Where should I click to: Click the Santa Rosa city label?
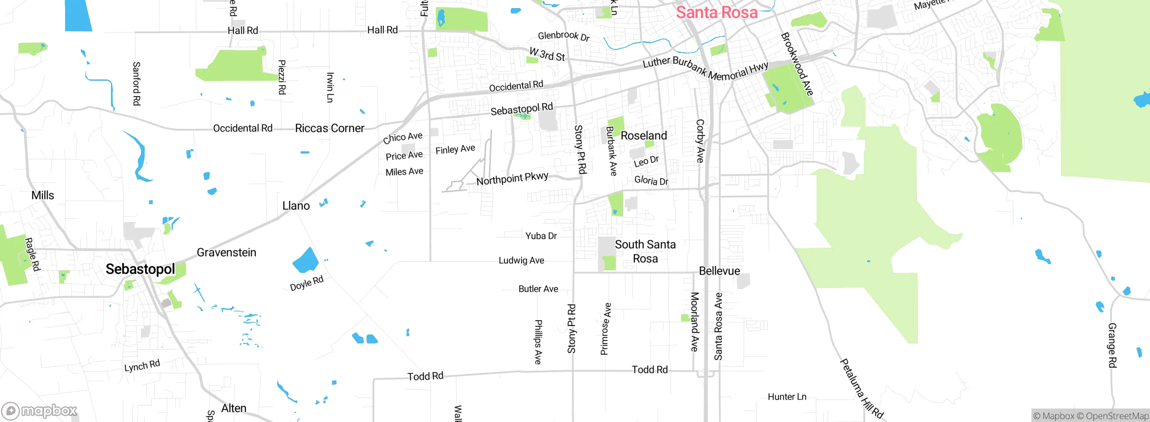(717, 13)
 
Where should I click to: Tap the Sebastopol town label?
(140, 269)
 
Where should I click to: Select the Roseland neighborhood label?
(643, 136)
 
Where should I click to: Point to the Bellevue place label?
(719, 271)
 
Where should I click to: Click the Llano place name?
(296, 206)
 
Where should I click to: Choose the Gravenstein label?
(226, 253)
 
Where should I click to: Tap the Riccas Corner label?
(329, 128)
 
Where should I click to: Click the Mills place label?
(43, 195)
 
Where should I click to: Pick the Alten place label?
(234, 409)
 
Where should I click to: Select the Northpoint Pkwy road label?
(512, 179)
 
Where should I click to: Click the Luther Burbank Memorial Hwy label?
(705, 69)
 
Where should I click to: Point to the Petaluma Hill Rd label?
(862, 389)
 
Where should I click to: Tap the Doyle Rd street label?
(306, 284)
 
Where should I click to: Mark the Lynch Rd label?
(142, 366)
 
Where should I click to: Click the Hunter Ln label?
(787, 397)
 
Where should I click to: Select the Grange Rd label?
(1112, 345)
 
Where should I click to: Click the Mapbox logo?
(40, 411)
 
